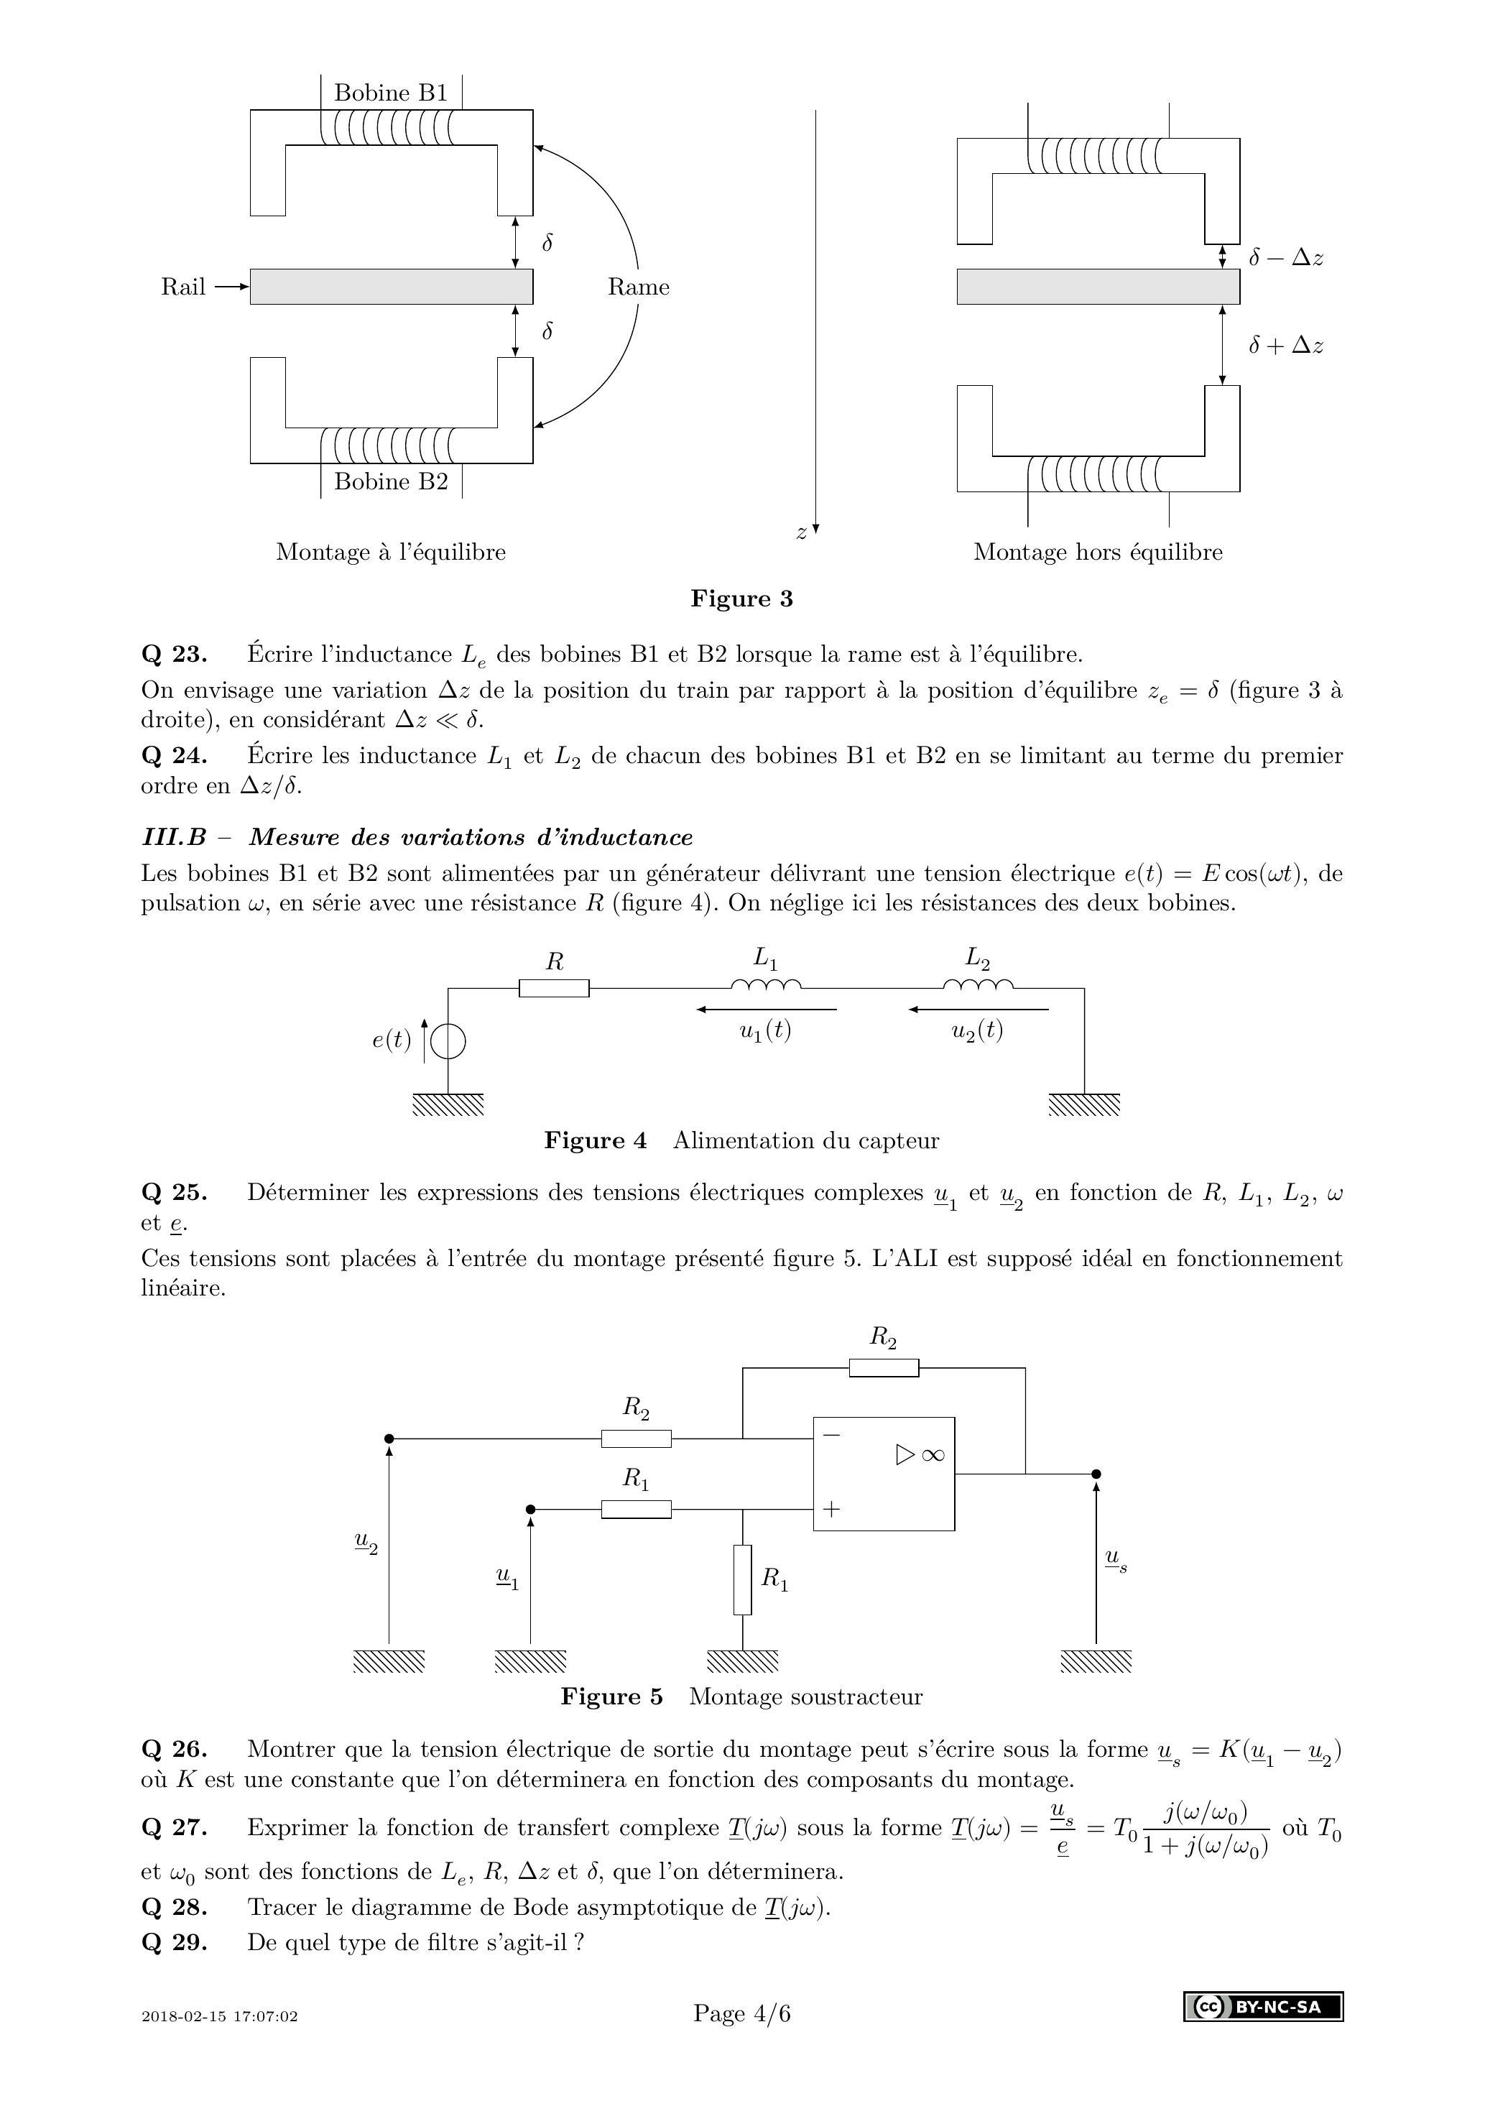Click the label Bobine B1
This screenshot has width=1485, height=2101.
click(x=391, y=93)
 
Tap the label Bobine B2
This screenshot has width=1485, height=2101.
click(x=391, y=481)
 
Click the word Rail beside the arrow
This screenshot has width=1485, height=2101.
click(x=183, y=287)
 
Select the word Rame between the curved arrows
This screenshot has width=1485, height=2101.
click(x=639, y=287)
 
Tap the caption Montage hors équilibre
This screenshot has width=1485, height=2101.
click(x=1098, y=552)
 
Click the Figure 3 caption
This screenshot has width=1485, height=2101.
click(x=742, y=599)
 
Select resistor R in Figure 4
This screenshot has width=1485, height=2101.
click(x=555, y=988)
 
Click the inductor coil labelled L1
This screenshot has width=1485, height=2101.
click(x=766, y=984)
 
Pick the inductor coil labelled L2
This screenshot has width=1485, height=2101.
click(x=978, y=984)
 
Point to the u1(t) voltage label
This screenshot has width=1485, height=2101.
click(x=766, y=1031)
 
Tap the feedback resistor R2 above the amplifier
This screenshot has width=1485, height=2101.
click(x=884, y=1394)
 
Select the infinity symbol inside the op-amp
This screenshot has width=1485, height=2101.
click(x=933, y=1455)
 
